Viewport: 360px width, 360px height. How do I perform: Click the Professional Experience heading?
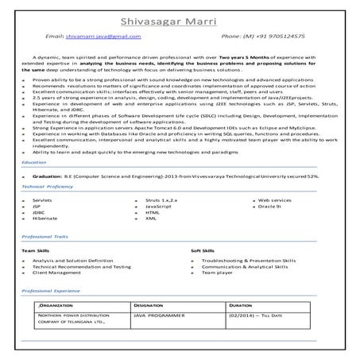pyautogui.click(x=51, y=292)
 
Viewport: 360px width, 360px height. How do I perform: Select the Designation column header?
pyautogui.click(x=149, y=305)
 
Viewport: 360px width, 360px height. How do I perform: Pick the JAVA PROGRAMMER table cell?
pyautogui.click(x=159, y=315)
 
